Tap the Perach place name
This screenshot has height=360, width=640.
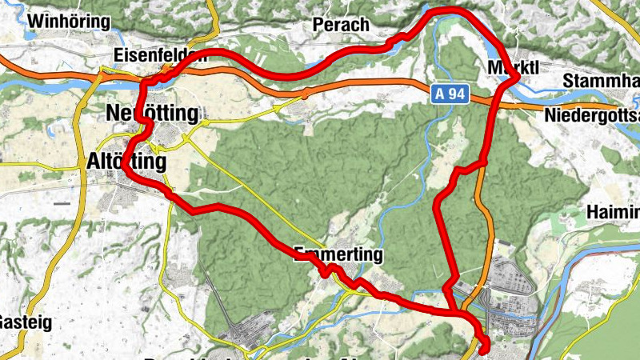point(342,26)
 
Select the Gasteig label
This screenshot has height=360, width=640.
point(14,322)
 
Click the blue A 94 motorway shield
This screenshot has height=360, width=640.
point(451,94)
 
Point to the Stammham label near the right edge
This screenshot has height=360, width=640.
point(601,82)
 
